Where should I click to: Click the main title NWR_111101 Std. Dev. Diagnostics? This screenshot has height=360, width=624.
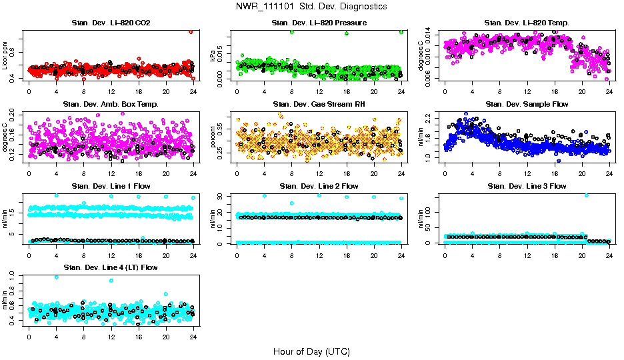point(311,7)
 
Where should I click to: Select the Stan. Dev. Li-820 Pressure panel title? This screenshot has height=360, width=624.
point(319,23)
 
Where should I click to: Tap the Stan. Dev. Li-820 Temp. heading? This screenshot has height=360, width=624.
point(527,23)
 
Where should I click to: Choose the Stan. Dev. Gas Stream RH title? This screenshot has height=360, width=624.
point(319,105)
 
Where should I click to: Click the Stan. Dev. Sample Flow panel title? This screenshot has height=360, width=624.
point(527,105)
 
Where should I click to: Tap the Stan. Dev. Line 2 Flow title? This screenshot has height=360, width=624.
point(319,186)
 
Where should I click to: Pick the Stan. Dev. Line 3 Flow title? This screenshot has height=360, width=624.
point(527,186)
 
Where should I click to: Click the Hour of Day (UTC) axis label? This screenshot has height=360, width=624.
point(311,351)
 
